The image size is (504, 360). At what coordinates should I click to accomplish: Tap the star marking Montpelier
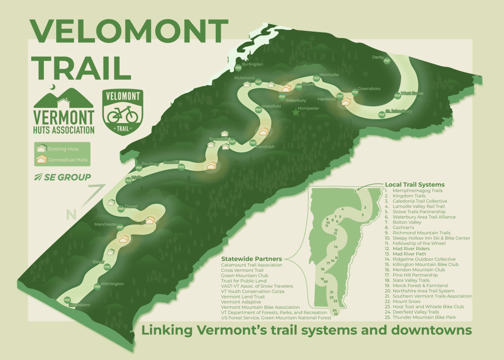tap(296, 113)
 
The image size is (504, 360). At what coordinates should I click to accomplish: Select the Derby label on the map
tap(378, 58)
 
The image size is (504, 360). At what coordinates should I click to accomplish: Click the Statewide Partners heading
tap(251, 259)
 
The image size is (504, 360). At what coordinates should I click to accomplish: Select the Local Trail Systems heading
tap(414, 185)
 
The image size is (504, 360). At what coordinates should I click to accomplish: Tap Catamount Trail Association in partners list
tap(252, 265)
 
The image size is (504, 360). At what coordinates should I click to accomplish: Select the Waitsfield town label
tap(271, 106)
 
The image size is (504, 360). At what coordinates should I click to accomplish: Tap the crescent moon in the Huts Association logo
tap(53, 87)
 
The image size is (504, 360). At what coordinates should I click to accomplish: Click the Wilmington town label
tap(112, 284)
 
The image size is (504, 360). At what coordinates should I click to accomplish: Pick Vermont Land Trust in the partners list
tap(243, 296)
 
